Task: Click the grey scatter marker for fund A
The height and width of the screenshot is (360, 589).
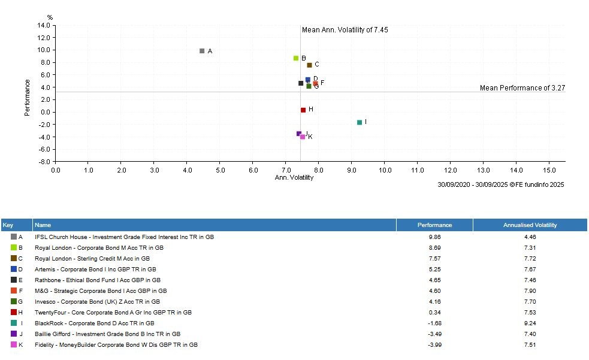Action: click(202, 51)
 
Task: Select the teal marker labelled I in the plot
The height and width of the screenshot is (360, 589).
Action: click(360, 122)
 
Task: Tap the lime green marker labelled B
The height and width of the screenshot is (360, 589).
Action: click(296, 58)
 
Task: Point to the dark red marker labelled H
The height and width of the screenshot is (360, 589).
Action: click(303, 110)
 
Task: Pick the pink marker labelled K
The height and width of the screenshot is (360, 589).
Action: click(303, 137)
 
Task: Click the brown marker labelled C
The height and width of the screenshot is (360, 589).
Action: click(309, 65)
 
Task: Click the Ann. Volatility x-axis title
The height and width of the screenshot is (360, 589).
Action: click(294, 177)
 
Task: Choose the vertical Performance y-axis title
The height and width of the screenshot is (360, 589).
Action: click(28, 98)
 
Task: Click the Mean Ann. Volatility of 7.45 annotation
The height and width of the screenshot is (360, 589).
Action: click(345, 30)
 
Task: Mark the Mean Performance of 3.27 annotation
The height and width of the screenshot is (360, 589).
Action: click(522, 88)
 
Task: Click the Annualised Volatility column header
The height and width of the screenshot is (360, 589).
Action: click(530, 225)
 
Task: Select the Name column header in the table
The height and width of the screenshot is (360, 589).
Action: click(43, 225)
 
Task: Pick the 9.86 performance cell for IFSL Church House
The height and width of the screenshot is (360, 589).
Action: click(434, 237)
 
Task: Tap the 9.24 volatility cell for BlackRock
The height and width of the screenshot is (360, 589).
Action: click(530, 323)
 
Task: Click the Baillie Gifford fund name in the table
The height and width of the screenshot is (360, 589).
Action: click(108, 334)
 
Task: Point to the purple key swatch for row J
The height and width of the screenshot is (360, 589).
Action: click(14, 334)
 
